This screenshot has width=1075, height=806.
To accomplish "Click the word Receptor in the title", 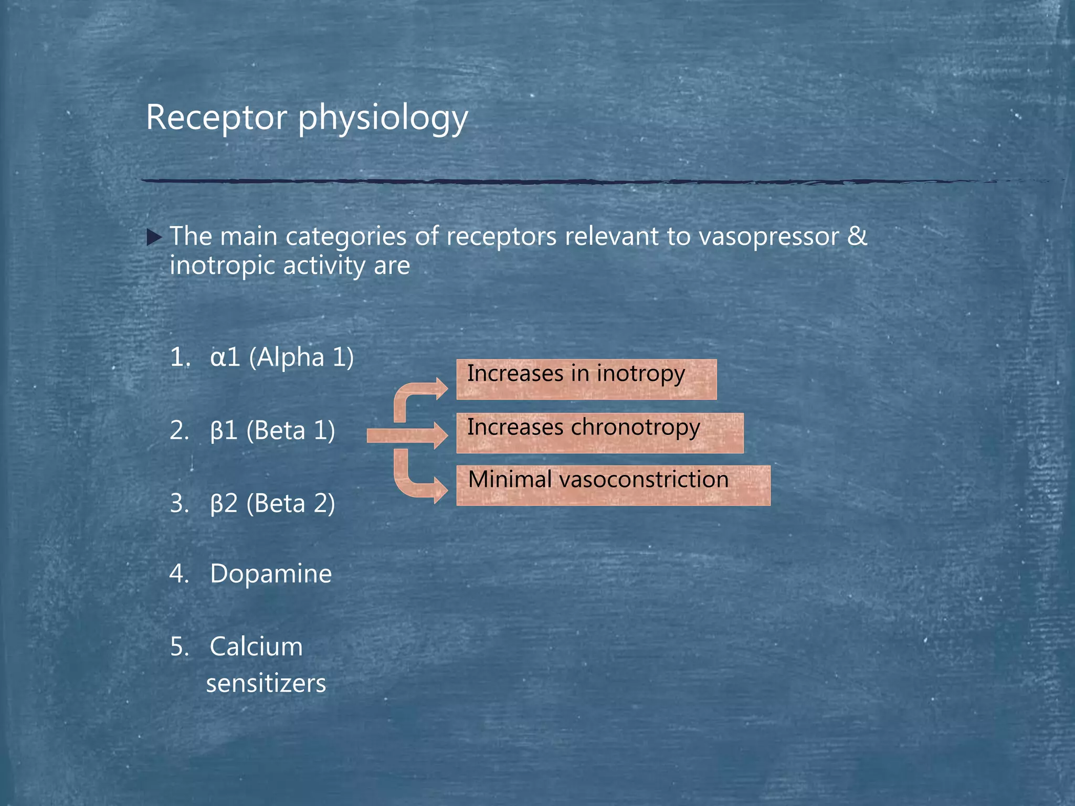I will click(216, 118).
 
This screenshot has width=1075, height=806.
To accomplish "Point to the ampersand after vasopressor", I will click(857, 236).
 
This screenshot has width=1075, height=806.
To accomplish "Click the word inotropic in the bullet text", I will click(222, 266).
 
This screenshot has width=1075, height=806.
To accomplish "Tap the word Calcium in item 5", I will click(256, 646).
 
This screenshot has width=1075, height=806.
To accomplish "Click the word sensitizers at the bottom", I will click(266, 684).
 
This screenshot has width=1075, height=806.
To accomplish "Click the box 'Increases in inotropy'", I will click(586, 379).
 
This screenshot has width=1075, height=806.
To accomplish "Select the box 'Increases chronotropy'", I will click(599, 433).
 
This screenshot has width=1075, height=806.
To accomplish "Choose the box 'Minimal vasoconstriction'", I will click(613, 485).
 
